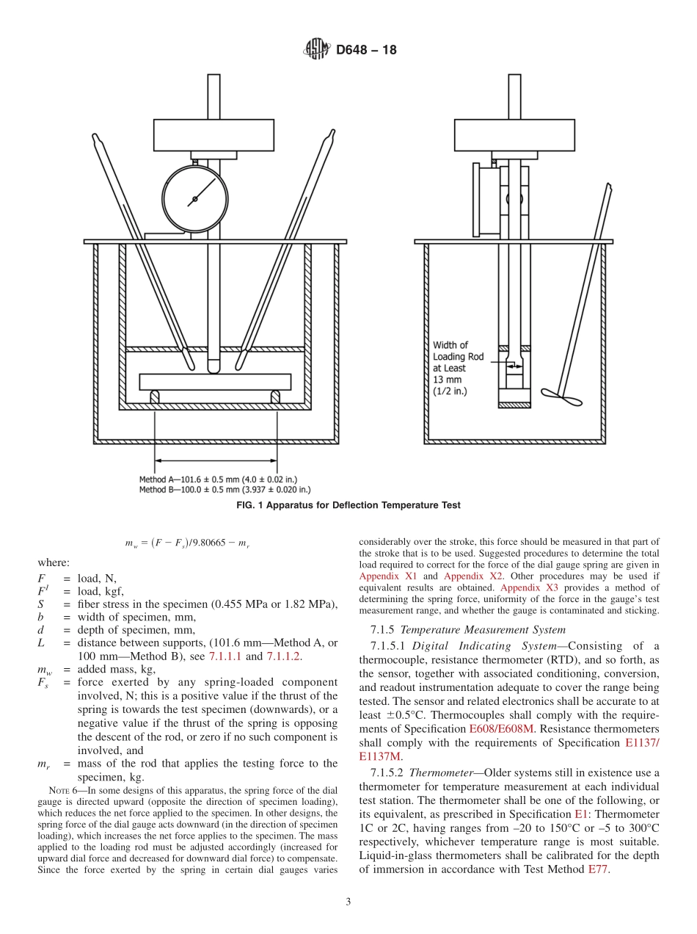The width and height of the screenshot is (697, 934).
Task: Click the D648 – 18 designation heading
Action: tap(365, 50)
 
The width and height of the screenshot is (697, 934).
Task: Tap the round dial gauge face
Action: tap(195, 198)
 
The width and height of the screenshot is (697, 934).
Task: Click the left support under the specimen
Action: tap(155, 397)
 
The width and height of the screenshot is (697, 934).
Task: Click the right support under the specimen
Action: tap(276, 397)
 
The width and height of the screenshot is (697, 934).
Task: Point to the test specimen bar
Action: tap(215, 382)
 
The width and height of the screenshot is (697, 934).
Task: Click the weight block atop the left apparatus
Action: tap(214, 134)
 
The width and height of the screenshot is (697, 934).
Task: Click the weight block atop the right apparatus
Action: tap(514, 134)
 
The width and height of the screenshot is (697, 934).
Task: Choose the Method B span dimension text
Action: tap(225, 489)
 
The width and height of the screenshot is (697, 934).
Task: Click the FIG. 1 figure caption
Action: tap(348, 505)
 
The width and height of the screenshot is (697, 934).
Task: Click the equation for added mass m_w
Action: tap(194, 543)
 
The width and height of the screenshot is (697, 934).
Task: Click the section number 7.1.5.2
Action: tap(387, 772)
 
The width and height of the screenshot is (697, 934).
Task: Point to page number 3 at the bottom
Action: tap(348, 902)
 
